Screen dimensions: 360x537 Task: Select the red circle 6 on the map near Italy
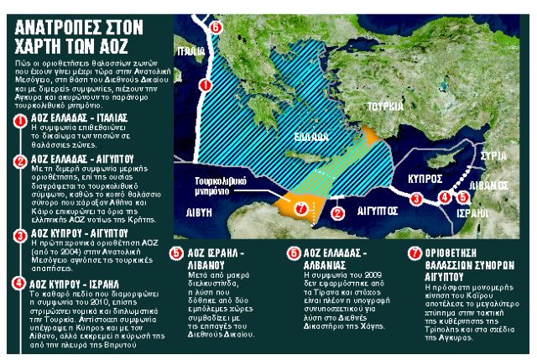(216, 29)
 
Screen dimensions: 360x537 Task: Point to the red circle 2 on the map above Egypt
(337, 213)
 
